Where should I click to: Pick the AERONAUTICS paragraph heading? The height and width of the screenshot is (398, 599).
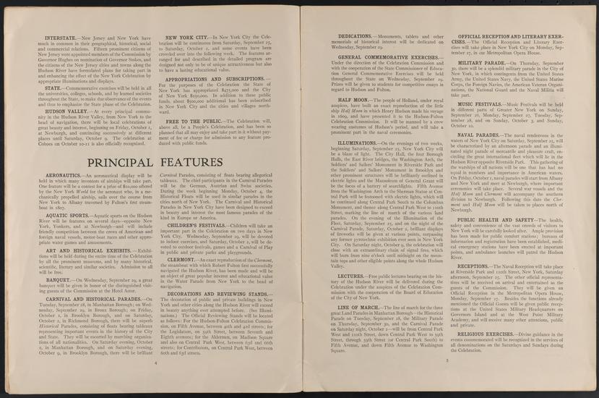64,195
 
